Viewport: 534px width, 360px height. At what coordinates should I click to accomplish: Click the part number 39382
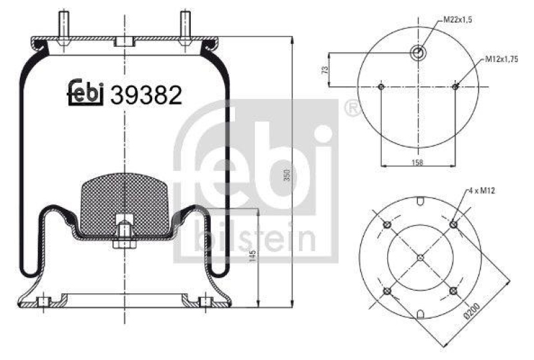click(x=146, y=96)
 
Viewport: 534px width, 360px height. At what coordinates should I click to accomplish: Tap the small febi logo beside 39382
click(x=85, y=94)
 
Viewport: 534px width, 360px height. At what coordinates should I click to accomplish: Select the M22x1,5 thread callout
click(x=459, y=19)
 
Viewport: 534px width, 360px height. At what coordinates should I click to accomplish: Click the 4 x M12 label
click(x=482, y=192)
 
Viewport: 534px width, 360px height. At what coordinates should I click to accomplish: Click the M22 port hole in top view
click(x=418, y=52)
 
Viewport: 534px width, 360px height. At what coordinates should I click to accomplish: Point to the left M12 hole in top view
click(x=380, y=87)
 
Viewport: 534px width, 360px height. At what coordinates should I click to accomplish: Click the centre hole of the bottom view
click(x=420, y=257)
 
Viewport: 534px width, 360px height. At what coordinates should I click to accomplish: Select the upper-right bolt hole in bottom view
click(x=453, y=224)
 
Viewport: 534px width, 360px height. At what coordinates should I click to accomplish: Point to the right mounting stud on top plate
click(x=185, y=27)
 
